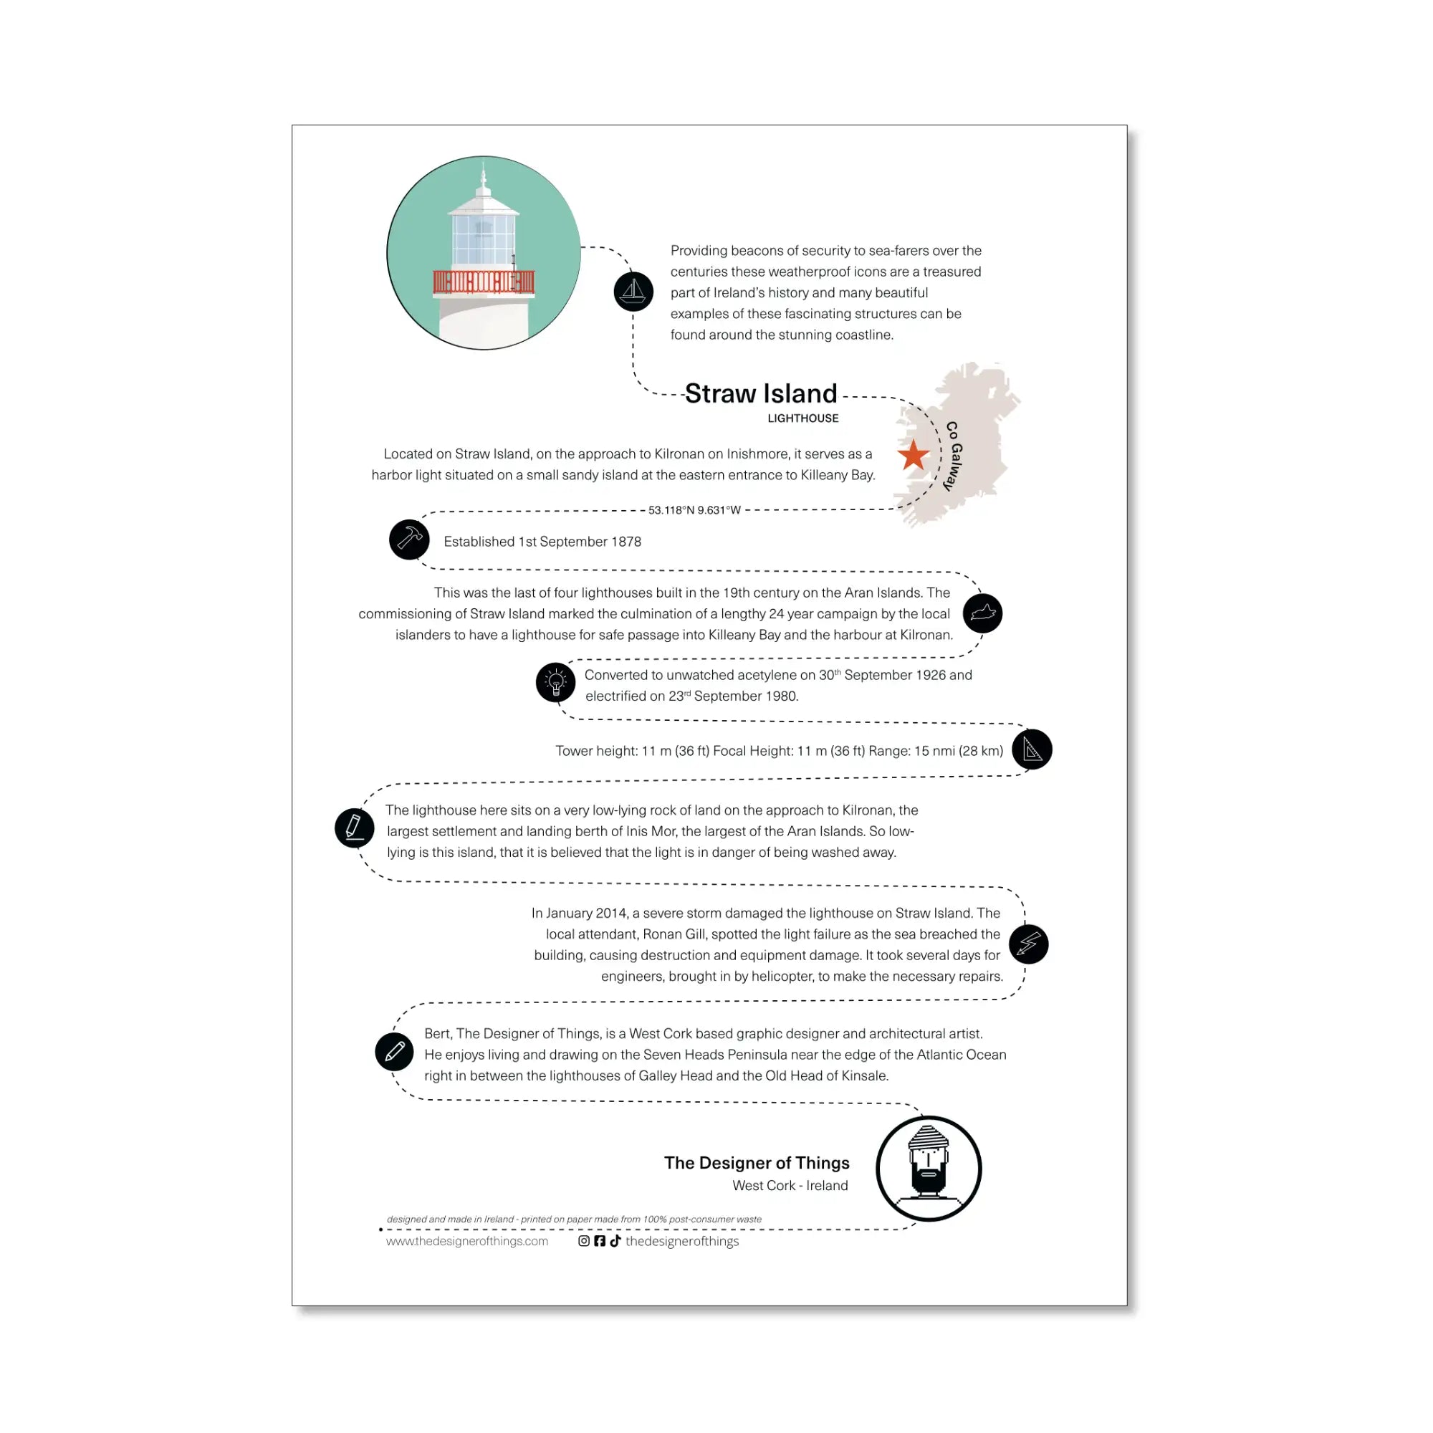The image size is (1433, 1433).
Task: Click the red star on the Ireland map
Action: click(913, 455)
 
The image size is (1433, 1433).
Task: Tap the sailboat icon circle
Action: click(633, 292)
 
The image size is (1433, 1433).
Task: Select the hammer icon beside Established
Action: click(409, 540)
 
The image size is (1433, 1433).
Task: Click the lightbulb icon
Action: click(555, 682)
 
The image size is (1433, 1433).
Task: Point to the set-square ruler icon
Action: click(1032, 749)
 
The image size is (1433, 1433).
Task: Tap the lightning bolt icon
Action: click(1029, 944)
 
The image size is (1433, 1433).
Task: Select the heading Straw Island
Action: click(761, 393)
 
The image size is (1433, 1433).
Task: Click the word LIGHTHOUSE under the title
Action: click(803, 418)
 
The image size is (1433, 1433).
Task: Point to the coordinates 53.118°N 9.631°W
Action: click(694, 510)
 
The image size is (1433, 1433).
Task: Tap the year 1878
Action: click(626, 542)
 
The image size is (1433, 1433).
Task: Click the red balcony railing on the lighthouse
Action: click(484, 282)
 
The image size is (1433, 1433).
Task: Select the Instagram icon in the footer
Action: click(584, 1241)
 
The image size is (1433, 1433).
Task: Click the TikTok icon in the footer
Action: click(615, 1241)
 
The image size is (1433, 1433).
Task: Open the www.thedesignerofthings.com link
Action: click(467, 1242)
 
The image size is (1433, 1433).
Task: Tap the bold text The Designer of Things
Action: click(757, 1163)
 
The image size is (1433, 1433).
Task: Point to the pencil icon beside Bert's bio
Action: click(395, 1052)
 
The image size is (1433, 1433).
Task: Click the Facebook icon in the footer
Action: click(599, 1241)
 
